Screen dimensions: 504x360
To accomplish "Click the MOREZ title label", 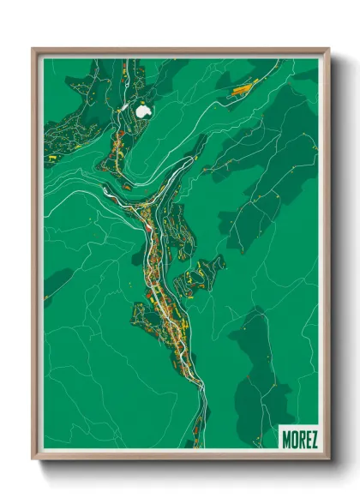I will (299, 440).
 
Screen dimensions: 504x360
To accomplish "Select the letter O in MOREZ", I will (294, 440).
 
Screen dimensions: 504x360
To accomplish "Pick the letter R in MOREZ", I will (300, 440).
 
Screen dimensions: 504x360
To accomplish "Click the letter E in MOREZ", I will (307, 440).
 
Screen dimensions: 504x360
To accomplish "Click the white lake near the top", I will (142, 110).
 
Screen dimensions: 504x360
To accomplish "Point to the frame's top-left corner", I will (33, 49).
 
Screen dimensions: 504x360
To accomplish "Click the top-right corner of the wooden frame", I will (328, 49).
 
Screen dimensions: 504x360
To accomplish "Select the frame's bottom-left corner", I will (33, 460).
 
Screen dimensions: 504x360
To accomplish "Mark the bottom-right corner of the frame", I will (328, 460).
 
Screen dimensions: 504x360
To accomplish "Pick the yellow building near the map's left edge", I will (52, 158).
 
